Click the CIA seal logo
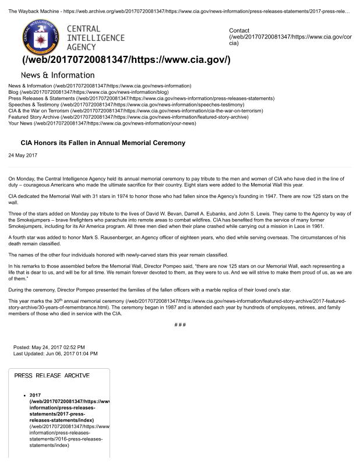click(x=40, y=36)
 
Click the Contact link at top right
click(x=239, y=30)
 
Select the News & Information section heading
click(x=57, y=75)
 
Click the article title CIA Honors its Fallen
click(x=94, y=143)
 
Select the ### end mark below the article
click(x=180, y=324)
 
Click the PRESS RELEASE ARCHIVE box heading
click(x=52, y=376)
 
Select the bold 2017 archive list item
click(x=35, y=396)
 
